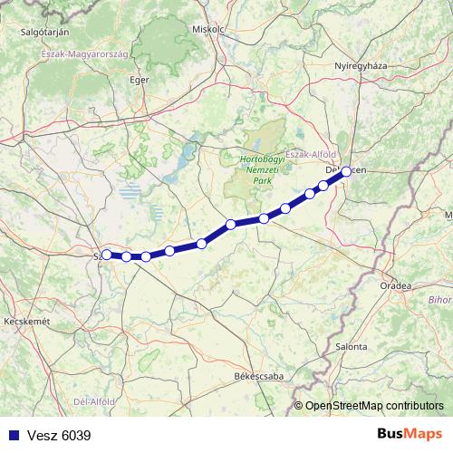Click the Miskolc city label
point(207,28)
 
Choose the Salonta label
point(351,346)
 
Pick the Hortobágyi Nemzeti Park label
point(261,170)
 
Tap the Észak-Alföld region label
point(311,154)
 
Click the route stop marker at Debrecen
point(346,171)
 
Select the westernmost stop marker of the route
point(106,255)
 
